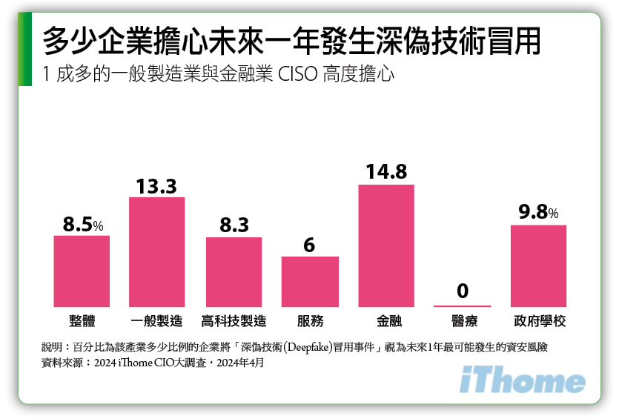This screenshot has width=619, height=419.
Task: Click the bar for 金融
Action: (386, 245)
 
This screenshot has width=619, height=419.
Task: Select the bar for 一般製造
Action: (156, 252)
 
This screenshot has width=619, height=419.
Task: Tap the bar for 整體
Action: (82, 271)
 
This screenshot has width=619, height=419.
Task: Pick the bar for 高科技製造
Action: (234, 272)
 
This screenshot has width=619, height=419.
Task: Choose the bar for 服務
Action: (310, 282)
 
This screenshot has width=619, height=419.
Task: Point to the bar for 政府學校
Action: (539, 265)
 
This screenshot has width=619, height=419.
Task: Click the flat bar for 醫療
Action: (463, 306)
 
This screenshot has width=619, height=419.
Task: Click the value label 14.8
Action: (386, 172)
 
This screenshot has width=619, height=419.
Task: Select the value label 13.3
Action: (156, 186)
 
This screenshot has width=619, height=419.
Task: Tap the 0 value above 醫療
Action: (463, 291)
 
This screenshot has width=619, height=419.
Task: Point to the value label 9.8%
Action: (539, 213)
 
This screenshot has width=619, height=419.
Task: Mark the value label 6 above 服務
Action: (310, 245)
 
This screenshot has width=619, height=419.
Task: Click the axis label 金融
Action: (386, 322)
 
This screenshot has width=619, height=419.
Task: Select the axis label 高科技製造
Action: (234, 322)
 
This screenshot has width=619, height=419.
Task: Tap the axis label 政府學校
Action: (539, 322)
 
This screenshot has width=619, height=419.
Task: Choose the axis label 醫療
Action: (463, 322)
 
